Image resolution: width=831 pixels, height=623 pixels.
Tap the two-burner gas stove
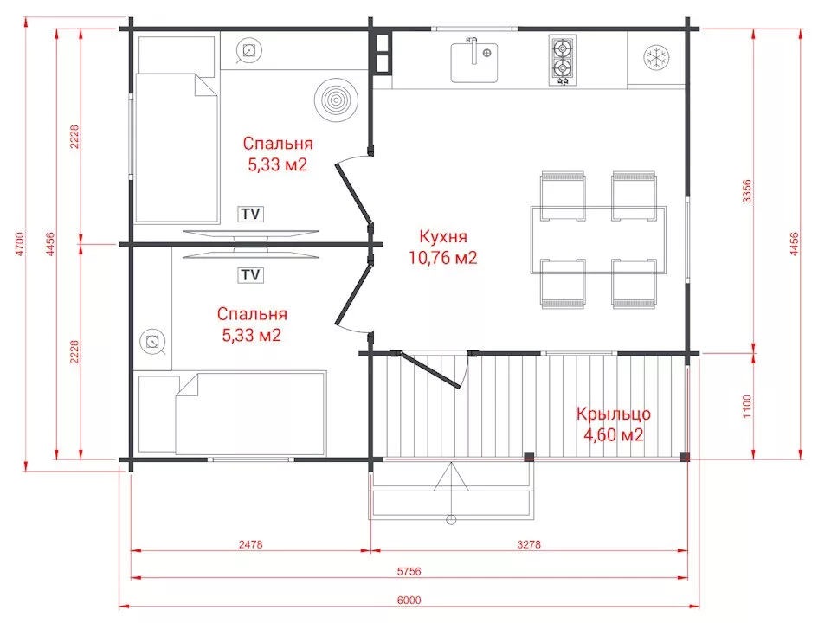coord(562,60)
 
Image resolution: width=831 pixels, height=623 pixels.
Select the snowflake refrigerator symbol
coord(657,57)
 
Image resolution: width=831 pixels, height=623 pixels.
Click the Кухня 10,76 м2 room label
coord(442,247)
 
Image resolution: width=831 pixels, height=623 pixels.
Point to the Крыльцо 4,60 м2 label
coord(613,424)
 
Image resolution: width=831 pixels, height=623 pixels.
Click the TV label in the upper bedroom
coord(251,214)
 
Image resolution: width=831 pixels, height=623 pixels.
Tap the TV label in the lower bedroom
coord(251,275)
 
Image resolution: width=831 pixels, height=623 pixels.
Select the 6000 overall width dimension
coord(409,601)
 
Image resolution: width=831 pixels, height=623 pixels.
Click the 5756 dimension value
coord(409,572)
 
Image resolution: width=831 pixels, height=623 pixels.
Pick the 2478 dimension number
coord(251,544)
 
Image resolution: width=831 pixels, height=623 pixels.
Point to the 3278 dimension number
coord(529,544)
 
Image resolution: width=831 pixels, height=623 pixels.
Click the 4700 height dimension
coord(20,244)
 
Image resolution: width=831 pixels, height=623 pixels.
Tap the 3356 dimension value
coord(747,191)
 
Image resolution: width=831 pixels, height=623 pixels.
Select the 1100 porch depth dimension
coord(747,406)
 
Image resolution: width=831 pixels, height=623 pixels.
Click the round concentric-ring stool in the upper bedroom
coord(336,99)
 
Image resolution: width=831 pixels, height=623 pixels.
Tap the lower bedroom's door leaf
coord(353,294)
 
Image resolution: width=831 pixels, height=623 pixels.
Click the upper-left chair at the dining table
coord(563,196)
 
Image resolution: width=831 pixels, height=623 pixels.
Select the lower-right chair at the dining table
coord(634,284)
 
